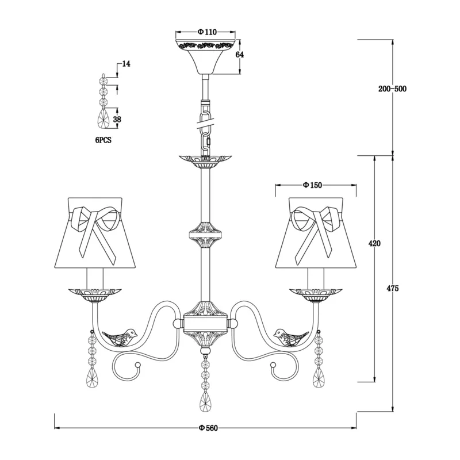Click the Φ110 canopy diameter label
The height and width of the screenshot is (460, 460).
tap(207, 32)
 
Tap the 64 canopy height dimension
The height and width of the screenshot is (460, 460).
tap(240, 55)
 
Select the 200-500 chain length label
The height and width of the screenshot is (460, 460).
tap(393, 89)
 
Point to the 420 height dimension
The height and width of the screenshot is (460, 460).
tap(374, 243)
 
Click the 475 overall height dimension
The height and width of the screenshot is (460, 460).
tap(393, 289)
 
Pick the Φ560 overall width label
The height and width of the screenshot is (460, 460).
tap(208, 428)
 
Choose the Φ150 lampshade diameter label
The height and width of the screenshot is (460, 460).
tap(312, 185)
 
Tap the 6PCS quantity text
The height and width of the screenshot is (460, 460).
tap(103, 140)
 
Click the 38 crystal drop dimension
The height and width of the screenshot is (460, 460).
tap(117, 120)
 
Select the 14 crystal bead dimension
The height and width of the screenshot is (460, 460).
tap(126, 64)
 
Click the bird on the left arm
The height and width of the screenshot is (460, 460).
tap(120, 337)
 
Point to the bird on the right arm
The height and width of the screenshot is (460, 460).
tap(291, 337)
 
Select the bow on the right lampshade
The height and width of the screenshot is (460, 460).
tap(317, 229)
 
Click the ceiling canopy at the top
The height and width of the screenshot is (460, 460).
tap(205, 56)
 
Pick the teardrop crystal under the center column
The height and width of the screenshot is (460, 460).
tap(205, 401)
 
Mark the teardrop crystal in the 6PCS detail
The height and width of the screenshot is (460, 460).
tap(103, 118)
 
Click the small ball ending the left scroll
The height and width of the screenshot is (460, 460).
tap(136, 365)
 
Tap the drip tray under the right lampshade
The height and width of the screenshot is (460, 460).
tap(316, 295)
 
